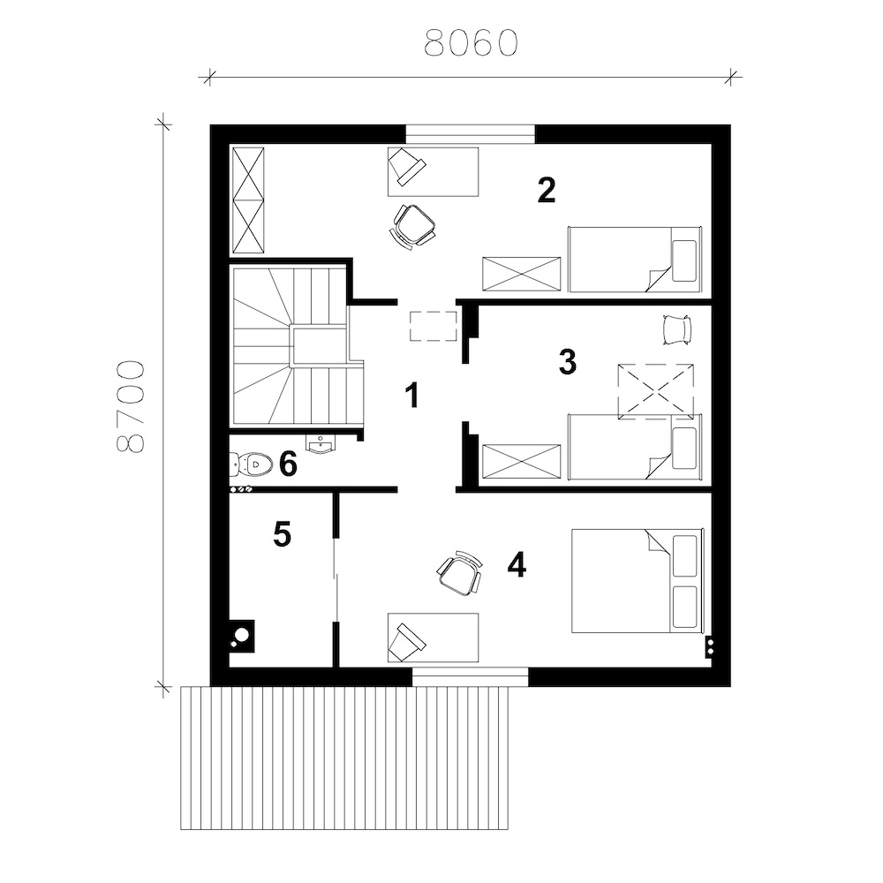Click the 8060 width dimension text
click(471, 42)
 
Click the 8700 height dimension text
click(131, 406)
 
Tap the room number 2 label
click(547, 191)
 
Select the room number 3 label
click(568, 362)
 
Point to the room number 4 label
click(516, 565)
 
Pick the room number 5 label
click(283, 534)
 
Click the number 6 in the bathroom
click(288, 464)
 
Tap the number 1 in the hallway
click(412, 395)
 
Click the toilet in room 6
click(251, 464)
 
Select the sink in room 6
click(321, 444)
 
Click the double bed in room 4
click(638, 581)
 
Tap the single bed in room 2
click(635, 260)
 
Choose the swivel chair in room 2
click(414, 225)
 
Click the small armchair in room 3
click(676, 329)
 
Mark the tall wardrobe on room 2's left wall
click(248, 200)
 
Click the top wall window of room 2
click(471, 134)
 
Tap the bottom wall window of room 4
click(471, 677)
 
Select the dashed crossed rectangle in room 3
click(655, 391)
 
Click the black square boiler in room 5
click(242, 636)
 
